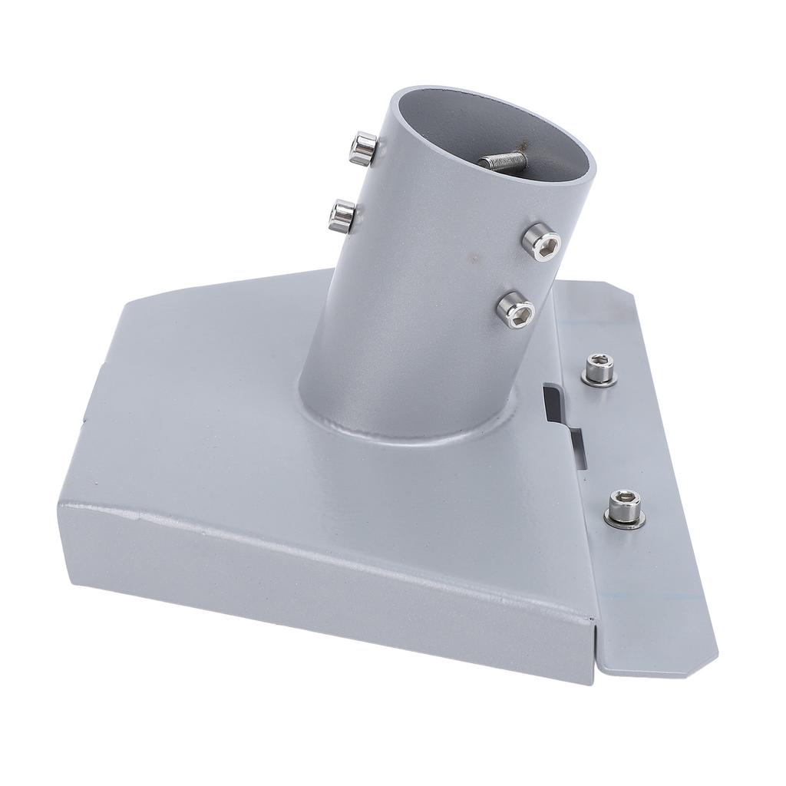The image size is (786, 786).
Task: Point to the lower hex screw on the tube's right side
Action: coord(514,309)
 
